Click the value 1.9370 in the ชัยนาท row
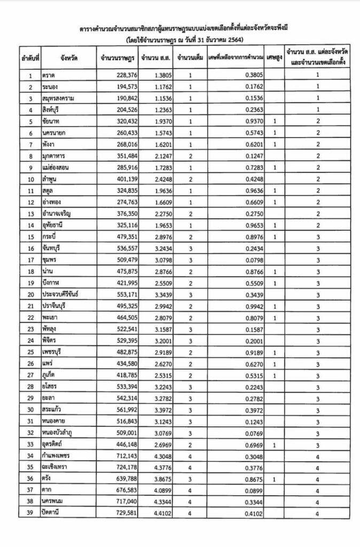pyautogui.click(x=152, y=121)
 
